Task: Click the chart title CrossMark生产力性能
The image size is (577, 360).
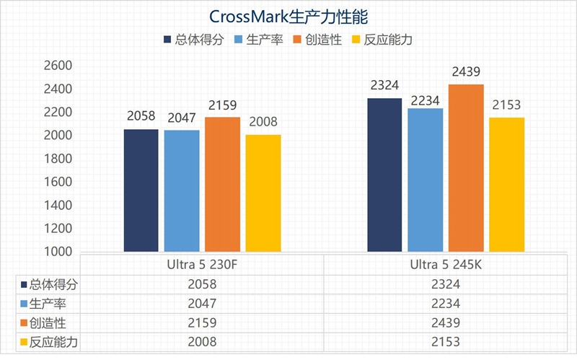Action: pyautogui.click(x=288, y=16)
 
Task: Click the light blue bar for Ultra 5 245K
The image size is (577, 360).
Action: pyautogui.click(x=425, y=180)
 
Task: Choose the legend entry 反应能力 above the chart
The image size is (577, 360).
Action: pyautogui.click(x=385, y=40)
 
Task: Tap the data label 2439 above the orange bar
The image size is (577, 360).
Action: pyautogui.click(x=466, y=72)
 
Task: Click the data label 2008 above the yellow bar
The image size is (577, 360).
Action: pyautogui.click(x=263, y=123)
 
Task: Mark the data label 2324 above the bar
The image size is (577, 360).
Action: pyautogui.click(x=384, y=86)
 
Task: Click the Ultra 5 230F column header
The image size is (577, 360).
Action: pyautogui.click(x=202, y=265)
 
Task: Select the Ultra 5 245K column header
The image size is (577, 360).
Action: pyautogui.click(x=445, y=265)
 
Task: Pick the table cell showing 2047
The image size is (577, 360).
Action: pyautogui.click(x=202, y=304)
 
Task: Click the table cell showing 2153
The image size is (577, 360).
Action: pyautogui.click(x=445, y=341)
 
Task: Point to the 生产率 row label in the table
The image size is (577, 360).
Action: pyautogui.click(x=46, y=304)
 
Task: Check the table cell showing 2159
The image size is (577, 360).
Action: pyautogui.click(x=202, y=322)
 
